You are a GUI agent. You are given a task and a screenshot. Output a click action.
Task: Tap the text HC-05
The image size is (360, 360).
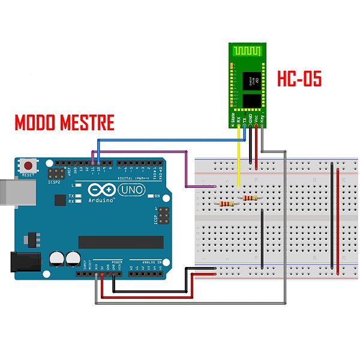point(299,79)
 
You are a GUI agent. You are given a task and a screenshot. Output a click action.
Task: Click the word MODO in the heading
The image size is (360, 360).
point(35,124)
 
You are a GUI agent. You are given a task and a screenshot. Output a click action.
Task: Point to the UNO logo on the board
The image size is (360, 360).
point(130,190)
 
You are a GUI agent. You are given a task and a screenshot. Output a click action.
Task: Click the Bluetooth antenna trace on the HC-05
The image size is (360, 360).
point(247,53)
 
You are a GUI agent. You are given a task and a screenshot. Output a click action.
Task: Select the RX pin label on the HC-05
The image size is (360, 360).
point(239,120)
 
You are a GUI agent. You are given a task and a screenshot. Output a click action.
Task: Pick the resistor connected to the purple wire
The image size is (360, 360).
point(227,204)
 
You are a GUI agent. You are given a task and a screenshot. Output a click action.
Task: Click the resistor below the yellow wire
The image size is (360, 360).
point(248,197)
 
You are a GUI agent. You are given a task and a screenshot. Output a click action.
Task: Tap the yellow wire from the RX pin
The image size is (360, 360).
point(239,162)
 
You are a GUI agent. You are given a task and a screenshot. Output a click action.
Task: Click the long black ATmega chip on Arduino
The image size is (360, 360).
point(121,242)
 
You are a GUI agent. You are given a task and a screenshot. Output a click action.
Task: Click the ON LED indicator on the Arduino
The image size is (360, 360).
point(151,196)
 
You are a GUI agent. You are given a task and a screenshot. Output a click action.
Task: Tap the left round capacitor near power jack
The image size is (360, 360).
point(57,259)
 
